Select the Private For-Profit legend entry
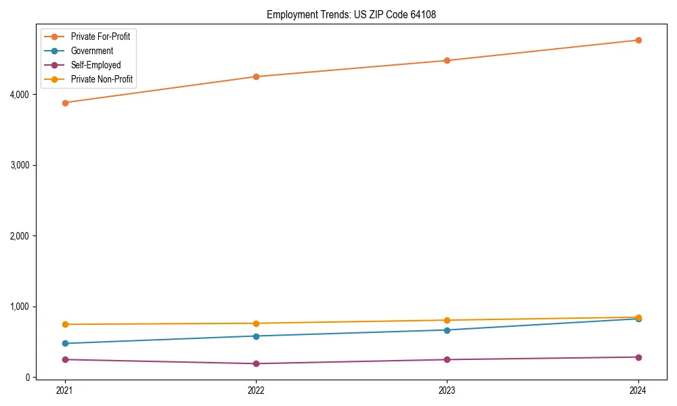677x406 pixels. tap(100, 37)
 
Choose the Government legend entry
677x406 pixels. tap(91, 51)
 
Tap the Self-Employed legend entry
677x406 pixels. tap(95, 66)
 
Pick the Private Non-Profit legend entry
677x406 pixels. tap(102, 80)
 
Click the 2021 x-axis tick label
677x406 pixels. tap(65, 390)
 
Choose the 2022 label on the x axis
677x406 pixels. tap(256, 390)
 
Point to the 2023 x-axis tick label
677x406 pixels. tap(447, 390)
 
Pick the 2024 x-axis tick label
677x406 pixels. tap(638, 390)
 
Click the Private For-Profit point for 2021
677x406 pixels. tap(65, 103)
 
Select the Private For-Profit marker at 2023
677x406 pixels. tap(447, 61)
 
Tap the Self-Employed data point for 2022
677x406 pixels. tap(256, 363)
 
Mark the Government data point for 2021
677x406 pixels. tap(65, 344)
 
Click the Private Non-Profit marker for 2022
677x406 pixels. tap(256, 323)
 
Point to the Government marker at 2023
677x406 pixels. tap(447, 330)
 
